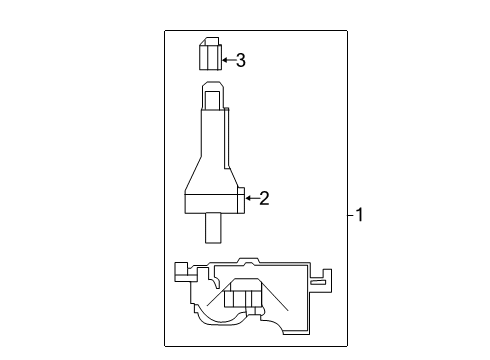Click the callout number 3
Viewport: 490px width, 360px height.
tap(240, 61)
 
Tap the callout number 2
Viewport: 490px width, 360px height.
tap(264, 198)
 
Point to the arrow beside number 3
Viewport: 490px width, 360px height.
tap(227, 61)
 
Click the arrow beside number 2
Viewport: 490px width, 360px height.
tap(252, 198)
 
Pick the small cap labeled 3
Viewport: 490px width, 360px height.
tap(209, 53)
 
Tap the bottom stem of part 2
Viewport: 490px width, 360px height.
tap(213, 229)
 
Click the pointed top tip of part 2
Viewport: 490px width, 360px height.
tap(211, 89)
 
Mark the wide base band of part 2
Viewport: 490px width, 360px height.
tap(212, 204)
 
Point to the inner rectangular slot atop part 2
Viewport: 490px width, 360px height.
tap(211, 101)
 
